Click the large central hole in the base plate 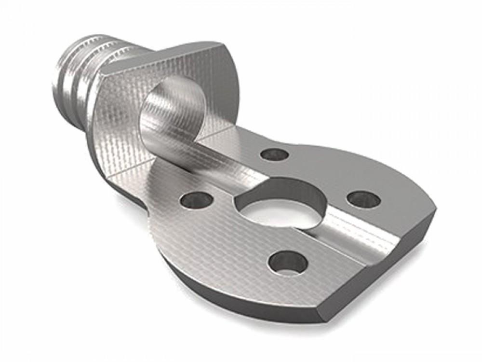click(x=280, y=208)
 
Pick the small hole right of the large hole click(x=364, y=199)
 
